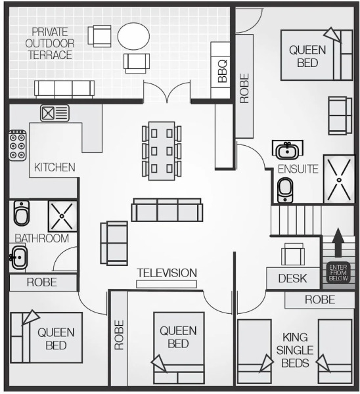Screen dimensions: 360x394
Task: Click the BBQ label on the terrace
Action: coord(223,72)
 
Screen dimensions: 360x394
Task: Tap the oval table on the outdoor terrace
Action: coord(133,36)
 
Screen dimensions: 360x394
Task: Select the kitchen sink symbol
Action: coord(55,114)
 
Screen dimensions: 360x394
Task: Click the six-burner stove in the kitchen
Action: coord(18,145)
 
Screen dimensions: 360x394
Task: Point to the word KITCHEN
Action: coord(55,167)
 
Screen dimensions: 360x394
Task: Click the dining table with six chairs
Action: coord(162,151)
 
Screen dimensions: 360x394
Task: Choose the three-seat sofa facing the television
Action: coord(167,210)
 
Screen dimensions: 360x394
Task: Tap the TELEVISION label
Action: coord(167,273)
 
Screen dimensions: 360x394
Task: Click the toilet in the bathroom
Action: coord(22,213)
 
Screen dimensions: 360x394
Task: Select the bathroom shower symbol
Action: coord(62,216)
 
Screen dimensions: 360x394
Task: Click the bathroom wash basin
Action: coord(18,257)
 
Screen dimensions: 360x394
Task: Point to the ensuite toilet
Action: coord(285,190)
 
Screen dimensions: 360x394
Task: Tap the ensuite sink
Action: coord(287,150)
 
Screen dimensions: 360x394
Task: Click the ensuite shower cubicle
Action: coord(339,179)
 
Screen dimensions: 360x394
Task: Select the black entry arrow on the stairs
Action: coord(338,243)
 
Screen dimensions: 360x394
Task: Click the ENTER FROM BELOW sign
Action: coord(338,273)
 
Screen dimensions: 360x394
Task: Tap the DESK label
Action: coord(292,278)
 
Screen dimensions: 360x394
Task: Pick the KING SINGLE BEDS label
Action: coord(295,350)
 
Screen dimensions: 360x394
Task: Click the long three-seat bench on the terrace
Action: coord(64,89)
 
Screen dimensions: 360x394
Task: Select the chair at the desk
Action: coord(293,254)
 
